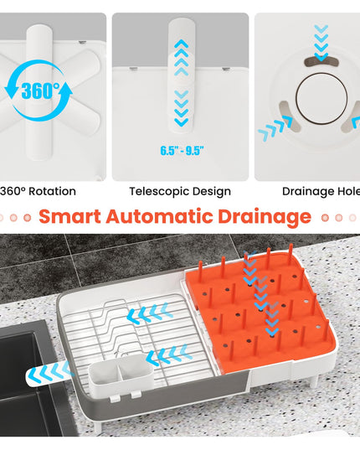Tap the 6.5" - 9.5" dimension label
coord(182,150)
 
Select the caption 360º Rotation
coord(38,191)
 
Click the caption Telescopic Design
coord(180,191)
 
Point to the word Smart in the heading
coord(70,216)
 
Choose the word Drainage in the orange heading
coord(265,217)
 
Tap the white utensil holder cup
coord(121,372)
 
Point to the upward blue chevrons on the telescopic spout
coord(182,57)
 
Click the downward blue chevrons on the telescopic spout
coord(182,108)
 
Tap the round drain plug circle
coord(321,99)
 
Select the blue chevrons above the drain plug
coord(321,43)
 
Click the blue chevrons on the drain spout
coord(51,372)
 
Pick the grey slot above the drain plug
coord(321,61)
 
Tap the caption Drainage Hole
coord(321,191)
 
